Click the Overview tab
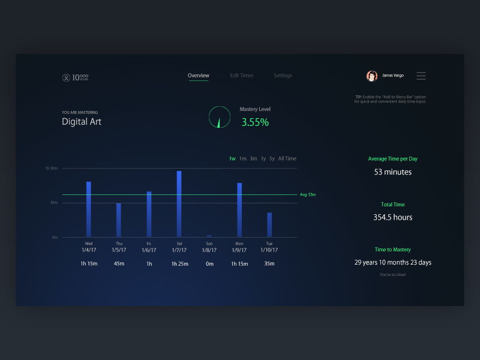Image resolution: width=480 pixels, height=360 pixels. coord(198,76)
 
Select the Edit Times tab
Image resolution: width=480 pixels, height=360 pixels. coord(242,76)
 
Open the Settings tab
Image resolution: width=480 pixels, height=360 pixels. coord(283,76)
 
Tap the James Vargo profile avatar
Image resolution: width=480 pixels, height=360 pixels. coord(372,76)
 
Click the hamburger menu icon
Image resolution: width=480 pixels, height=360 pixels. coord(421,76)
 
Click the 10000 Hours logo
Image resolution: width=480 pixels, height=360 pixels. coord(76,77)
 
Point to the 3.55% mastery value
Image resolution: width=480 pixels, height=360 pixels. coord(255,122)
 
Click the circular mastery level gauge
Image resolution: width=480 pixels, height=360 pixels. coord(219,117)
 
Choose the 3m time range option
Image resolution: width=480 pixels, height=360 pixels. coord(253,158)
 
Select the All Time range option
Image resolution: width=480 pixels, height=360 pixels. coord(287,158)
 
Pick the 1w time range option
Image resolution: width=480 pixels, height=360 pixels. coord(232,158)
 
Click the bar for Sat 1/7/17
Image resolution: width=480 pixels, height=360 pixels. coord(179,204)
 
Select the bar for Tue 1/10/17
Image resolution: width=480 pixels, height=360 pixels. coord(269,225)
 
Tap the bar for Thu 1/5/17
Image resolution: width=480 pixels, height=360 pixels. coord(119,220)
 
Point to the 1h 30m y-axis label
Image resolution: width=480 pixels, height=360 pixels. coord(52,169)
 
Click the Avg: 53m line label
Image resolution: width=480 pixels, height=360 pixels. coord(308,194)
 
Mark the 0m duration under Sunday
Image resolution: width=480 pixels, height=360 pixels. coord(209,263)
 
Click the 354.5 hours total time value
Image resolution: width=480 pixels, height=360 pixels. coord(392,217)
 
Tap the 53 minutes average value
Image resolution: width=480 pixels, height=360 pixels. coord(392,172)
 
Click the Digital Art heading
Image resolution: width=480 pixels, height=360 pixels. coord(82,121)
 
